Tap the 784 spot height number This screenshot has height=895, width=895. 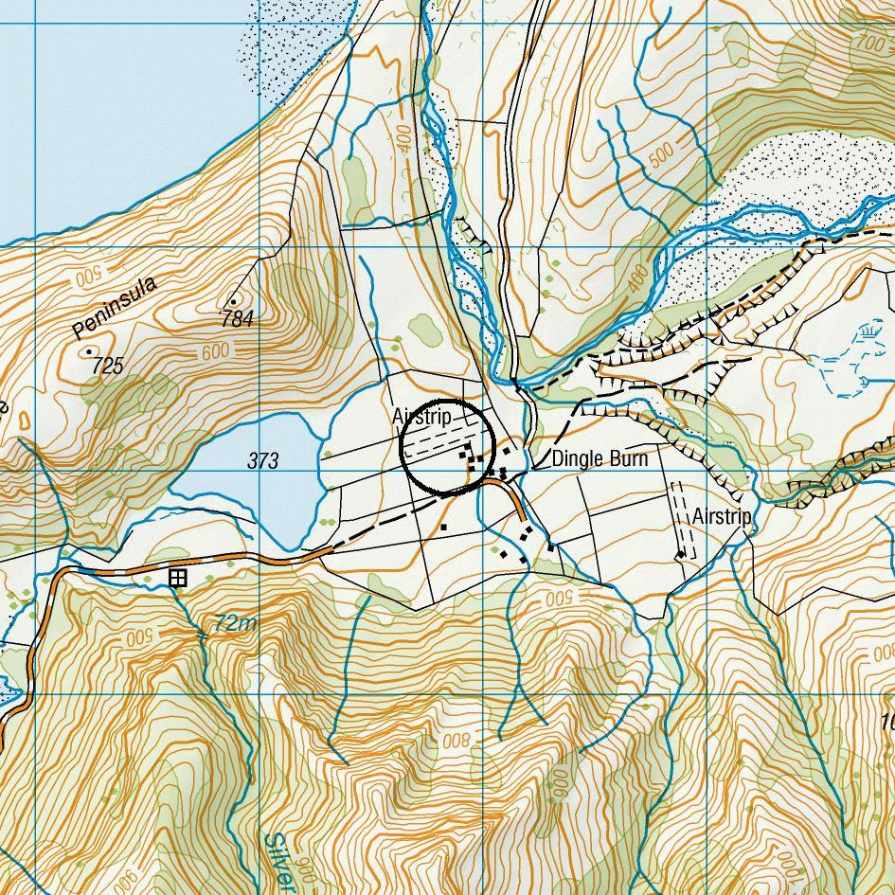[237, 320]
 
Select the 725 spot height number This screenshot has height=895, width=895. [109, 367]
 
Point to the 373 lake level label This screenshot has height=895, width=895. [263, 461]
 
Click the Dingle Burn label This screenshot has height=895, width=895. [600, 459]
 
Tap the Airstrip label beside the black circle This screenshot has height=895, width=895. [421, 417]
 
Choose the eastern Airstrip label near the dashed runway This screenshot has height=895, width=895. [722, 517]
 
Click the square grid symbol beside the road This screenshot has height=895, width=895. [177, 578]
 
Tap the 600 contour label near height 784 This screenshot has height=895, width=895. [216, 352]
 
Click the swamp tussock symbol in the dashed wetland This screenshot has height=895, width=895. [869, 333]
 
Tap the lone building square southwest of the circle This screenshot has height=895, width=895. [442, 527]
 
